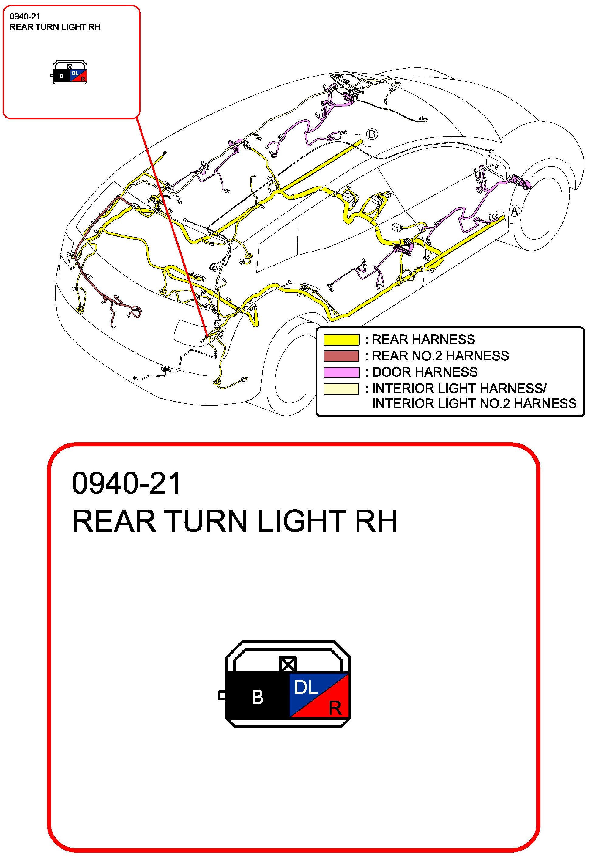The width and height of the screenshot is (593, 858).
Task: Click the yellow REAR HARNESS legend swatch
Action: [x=341, y=340]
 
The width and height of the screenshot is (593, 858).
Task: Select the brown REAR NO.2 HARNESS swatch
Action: [x=341, y=356]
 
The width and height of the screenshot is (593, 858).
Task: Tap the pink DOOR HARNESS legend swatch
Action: [x=341, y=372]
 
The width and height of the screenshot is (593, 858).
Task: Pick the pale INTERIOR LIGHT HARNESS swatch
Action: [x=341, y=389]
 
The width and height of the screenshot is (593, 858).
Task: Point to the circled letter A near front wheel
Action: [x=515, y=211]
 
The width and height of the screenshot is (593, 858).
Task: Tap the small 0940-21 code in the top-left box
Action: [x=25, y=16]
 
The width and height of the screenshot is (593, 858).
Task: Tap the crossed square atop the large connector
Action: [x=288, y=664]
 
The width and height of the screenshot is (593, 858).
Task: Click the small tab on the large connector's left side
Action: [x=222, y=695]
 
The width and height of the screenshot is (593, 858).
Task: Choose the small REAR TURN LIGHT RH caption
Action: [x=55, y=27]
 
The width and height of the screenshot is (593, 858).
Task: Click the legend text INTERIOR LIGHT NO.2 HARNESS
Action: [x=474, y=403]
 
